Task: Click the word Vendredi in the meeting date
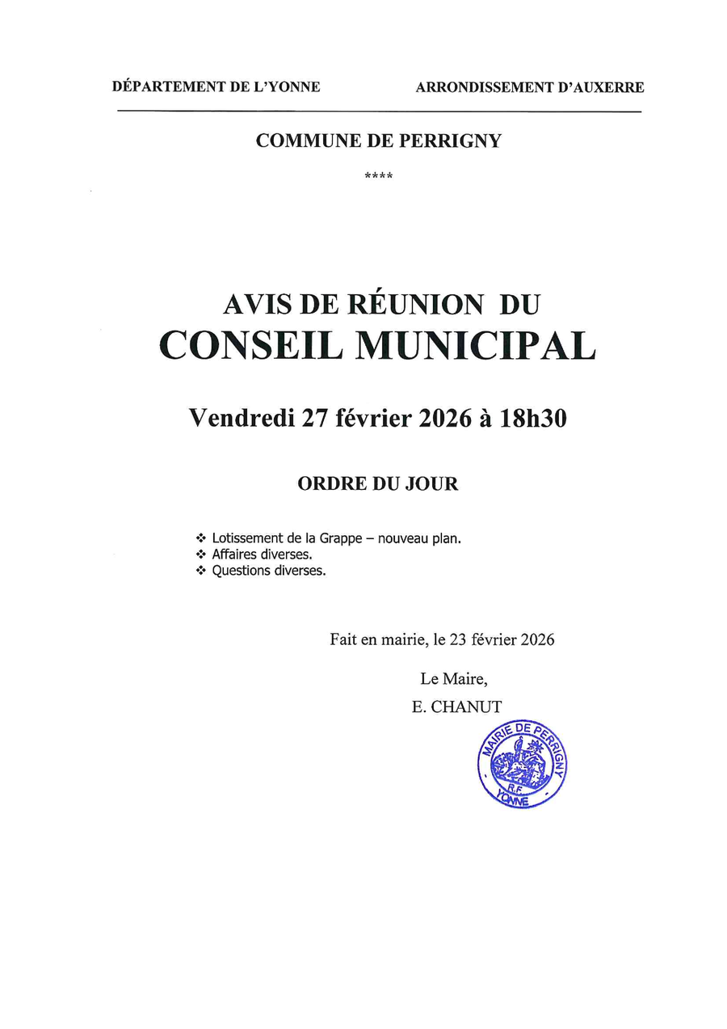pos(242,417)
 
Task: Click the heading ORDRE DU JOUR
pos(378,484)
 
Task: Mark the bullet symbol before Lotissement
pos(200,538)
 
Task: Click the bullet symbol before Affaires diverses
pos(200,555)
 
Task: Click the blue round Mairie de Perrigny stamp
pos(521,763)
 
